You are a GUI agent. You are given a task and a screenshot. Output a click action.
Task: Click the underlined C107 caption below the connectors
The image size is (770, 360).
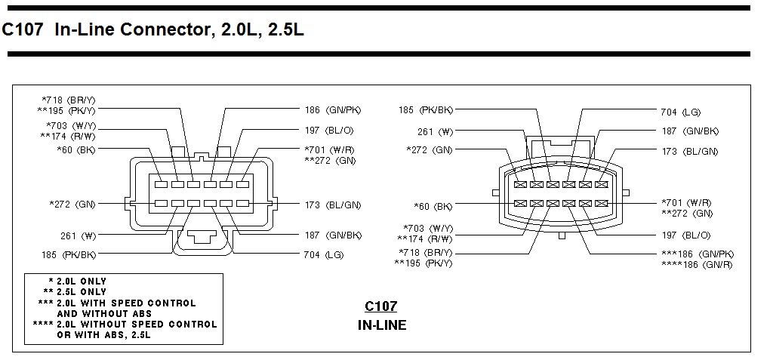click(380, 306)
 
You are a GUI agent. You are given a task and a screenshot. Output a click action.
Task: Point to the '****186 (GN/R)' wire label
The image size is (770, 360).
click(696, 264)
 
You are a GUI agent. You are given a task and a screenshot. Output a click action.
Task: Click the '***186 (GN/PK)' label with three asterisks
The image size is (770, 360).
click(697, 254)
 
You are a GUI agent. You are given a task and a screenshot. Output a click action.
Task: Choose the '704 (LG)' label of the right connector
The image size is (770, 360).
click(680, 112)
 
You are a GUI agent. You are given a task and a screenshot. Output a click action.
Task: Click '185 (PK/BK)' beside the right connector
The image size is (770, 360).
click(426, 110)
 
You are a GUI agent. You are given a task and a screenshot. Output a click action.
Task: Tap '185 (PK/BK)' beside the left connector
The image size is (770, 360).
click(69, 254)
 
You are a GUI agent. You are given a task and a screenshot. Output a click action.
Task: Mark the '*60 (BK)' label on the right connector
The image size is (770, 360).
click(433, 205)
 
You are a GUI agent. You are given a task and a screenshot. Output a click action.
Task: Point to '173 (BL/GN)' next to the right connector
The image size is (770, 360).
click(690, 151)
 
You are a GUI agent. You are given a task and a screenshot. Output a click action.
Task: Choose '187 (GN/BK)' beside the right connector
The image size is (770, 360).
click(690, 131)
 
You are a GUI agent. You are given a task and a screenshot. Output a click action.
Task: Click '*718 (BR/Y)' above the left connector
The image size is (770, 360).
click(69, 100)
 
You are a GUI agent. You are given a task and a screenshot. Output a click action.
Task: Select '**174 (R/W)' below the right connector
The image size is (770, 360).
click(425, 238)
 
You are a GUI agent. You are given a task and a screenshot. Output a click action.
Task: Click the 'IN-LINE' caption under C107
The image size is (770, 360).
click(381, 326)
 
